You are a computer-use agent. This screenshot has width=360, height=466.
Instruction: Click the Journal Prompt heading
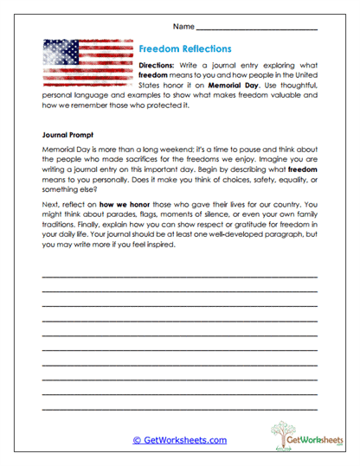pyautogui.click(x=69, y=136)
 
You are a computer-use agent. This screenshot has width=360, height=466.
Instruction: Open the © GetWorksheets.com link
pyautogui.click(x=179, y=440)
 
